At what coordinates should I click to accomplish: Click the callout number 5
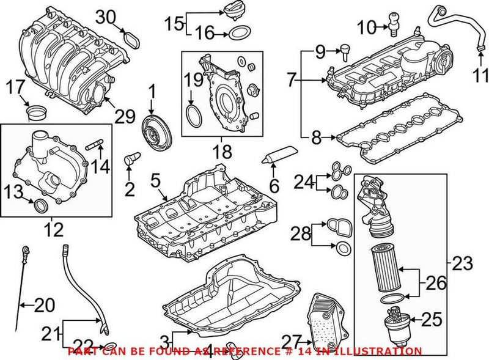coord(155,181)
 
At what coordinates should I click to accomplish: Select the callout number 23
coord(462,264)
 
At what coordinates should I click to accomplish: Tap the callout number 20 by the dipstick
coord(44,304)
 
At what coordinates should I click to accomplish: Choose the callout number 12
coord(54,231)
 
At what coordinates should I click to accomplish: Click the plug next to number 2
coord(130,161)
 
